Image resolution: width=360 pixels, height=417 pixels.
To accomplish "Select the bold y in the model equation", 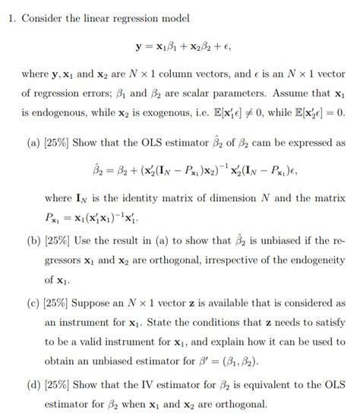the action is pos(139,46).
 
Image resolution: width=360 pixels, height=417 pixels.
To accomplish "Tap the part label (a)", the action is pos(33,142).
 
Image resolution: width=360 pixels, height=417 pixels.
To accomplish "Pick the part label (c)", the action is pos(33,302).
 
